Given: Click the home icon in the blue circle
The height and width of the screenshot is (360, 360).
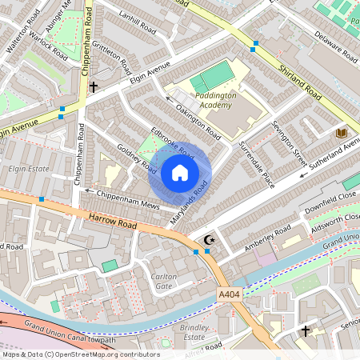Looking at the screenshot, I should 180,173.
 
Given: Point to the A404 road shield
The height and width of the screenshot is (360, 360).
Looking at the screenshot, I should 229,295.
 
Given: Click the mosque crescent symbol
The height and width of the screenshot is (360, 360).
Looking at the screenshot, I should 210,239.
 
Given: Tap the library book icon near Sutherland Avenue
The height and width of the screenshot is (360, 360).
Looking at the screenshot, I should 341,132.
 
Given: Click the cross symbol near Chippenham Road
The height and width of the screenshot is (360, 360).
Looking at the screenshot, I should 94,86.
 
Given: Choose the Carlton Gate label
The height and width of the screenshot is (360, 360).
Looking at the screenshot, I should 163,281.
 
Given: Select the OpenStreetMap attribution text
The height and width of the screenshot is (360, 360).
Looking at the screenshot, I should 80,354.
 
